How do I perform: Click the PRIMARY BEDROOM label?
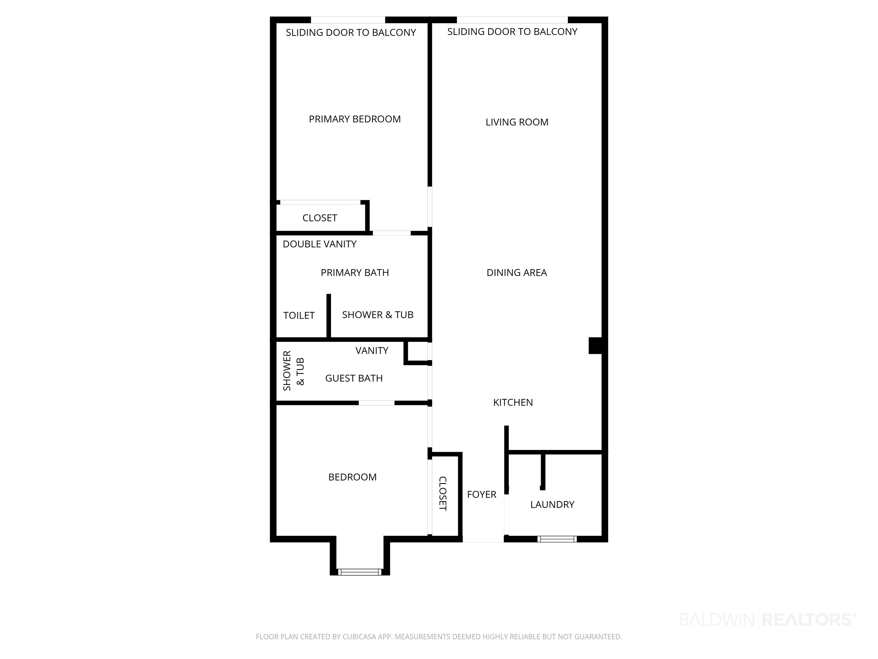pos(354,119)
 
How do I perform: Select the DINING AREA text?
pos(516,273)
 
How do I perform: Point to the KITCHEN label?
pos(513,402)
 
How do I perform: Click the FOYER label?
pos(482,495)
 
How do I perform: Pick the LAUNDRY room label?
pos(552,505)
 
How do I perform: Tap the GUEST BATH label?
pos(354,378)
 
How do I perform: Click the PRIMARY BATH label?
pos(354,273)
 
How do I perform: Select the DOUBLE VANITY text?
pos(319,244)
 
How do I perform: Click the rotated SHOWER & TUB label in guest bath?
pos(293,371)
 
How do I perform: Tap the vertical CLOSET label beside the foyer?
pos(442,493)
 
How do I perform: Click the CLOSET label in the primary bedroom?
pos(320,218)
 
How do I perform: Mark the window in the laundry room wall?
pos(557,539)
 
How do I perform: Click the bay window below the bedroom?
pos(360,572)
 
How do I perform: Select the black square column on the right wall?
pos(595,345)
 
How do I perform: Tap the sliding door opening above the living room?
pos(512,20)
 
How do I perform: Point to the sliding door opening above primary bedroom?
pos(348,20)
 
